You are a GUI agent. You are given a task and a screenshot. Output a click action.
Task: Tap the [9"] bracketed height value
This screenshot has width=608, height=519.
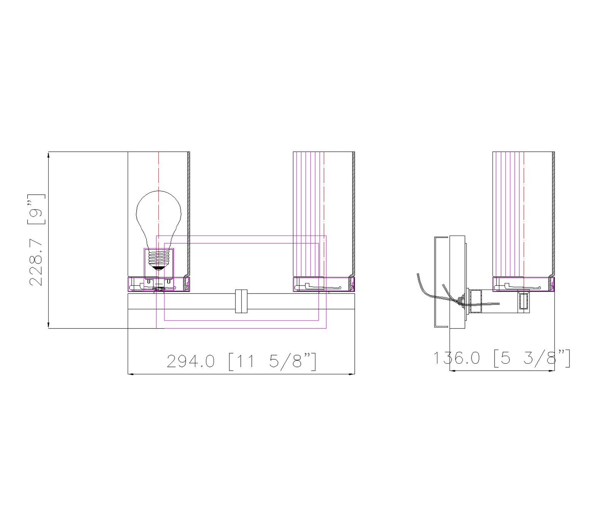tap(36, 209)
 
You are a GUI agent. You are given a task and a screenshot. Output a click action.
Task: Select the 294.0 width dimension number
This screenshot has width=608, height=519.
tap(191, 361)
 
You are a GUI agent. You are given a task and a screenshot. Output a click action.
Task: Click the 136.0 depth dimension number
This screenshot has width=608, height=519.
tap(457, 358)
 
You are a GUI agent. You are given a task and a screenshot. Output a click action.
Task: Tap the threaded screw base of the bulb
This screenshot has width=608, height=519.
tap(158, 259)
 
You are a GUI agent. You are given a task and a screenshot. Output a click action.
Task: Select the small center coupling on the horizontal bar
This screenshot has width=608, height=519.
tap(241, 301)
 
